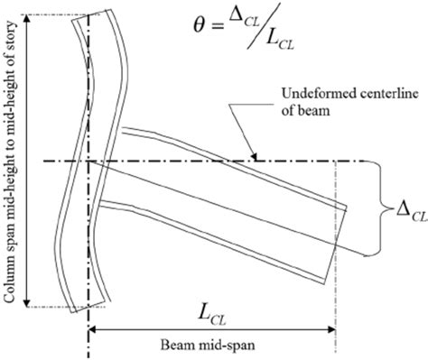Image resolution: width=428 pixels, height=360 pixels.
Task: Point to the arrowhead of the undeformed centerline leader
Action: (x=247, y=161)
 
